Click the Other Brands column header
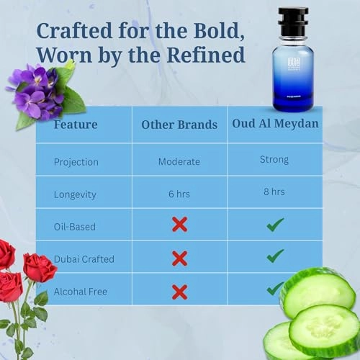pos(179,125)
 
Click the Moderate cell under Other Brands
pos(179,161)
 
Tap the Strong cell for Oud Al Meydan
pos(274,159)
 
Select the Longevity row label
pos(76,194)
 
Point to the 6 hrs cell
pos(179,194)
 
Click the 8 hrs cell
pos(274,192)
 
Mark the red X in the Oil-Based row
pos(179,225)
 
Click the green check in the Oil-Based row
pos(274,225)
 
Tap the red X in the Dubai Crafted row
pos(179,258)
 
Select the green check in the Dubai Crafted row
pos(274,256)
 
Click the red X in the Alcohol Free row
pos(179,291)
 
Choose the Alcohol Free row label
pos(80,290)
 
